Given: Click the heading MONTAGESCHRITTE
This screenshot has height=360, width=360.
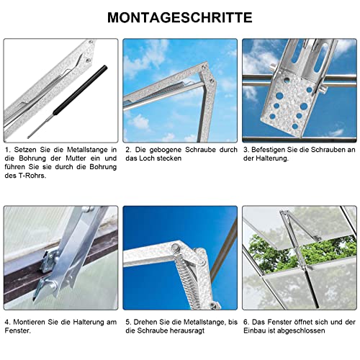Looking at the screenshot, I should pos(179,17).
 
